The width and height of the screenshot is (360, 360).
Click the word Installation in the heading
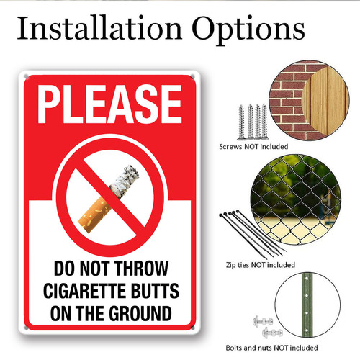tap(99, 27)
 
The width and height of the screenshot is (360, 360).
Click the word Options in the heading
tap(248, 30)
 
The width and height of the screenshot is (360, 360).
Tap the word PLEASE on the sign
tap(109, 104)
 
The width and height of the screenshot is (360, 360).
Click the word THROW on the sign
tap(141, 269)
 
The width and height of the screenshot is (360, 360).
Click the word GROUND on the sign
tap(140, 313)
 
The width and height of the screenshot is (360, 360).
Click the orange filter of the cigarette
tap(94, 215)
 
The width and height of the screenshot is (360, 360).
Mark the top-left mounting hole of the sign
tap(26, 77)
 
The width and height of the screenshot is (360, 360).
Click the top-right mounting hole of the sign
tap(192, 77)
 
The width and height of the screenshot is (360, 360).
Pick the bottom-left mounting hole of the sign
tap(26, 328)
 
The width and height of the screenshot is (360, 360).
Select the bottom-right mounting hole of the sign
tap(192, 328)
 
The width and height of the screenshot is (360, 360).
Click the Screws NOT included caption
tap(253, 146)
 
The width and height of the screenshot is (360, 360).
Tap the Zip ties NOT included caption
tap(261, 265)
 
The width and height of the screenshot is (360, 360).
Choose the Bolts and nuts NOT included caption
tap(271, 348)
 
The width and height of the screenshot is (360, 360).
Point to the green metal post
tap(306, 305)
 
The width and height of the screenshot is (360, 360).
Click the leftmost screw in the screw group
tap(241, 122)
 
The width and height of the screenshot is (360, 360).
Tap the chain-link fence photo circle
tap(295, 199)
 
